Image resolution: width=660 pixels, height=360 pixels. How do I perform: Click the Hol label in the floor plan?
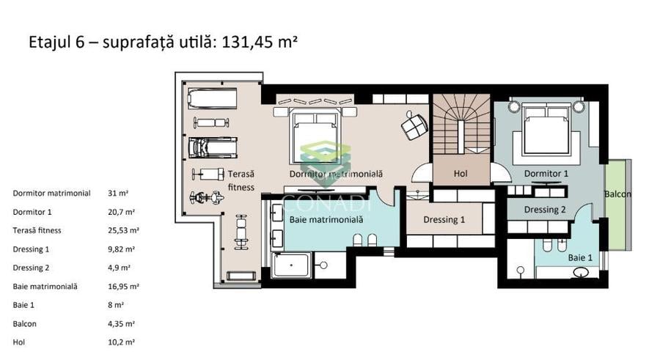[x=461, y=173]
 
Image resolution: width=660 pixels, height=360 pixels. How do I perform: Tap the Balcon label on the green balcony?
[x=617, y=194]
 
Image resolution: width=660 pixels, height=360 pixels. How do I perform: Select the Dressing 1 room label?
[x=444, y=219]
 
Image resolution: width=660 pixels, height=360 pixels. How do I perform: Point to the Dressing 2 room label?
[x=545, y=210]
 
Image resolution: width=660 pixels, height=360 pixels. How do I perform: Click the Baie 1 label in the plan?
[x=580, y=257]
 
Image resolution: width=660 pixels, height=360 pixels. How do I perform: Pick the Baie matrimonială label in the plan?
[x=326, y=219]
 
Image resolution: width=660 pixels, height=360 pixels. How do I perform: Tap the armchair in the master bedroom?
[x=414, y=125]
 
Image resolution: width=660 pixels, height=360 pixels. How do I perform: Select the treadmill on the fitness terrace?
[x=213, y=147]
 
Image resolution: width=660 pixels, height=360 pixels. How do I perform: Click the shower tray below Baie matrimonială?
[x=291, y=265]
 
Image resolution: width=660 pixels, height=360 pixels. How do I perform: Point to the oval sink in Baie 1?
[x=581, y=273]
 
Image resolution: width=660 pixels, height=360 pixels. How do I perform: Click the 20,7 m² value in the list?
[x=121, y=212]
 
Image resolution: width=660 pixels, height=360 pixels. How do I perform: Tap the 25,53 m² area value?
[x=123, y=230]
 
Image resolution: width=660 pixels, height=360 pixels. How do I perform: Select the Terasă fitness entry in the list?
[x=37, y=230]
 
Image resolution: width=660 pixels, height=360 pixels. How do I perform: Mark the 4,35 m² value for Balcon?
[x=121, y=324]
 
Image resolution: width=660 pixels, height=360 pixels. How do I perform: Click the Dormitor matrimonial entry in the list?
[x=52, y=194]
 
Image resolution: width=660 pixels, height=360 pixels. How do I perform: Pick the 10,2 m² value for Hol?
[x=121, y=342]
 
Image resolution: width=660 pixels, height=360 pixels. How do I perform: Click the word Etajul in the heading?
[x=51, y=43]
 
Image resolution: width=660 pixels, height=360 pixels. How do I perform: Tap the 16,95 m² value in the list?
[x=123, y=287]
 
